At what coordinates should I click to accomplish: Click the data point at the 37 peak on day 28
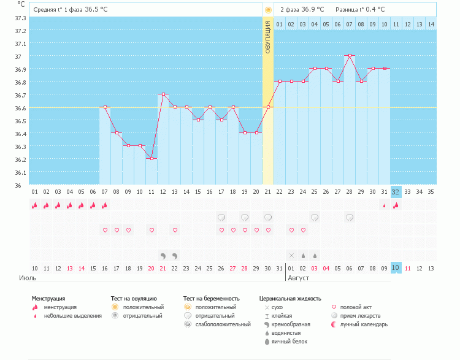[x=350, y=56]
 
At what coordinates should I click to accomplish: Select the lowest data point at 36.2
[x=151, y=159]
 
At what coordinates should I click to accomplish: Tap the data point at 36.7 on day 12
[x=163, y=94]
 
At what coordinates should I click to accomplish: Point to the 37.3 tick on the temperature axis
[x=20, y=18]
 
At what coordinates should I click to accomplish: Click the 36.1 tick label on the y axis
[x=20, y=172]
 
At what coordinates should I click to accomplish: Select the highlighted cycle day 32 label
[x=396, y=191]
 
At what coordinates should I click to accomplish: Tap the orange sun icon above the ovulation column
[x=268, y=10]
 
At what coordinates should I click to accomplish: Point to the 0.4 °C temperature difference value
[x=374, y=10]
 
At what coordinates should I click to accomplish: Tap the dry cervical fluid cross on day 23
[x=291, y=255]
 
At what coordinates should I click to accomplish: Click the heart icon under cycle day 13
[x=175, y=230]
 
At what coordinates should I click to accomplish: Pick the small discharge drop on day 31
[x=385, y=205]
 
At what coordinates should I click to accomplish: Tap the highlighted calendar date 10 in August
[x=396, y=268]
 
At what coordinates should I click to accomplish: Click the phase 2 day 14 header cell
[x=431, y=24]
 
